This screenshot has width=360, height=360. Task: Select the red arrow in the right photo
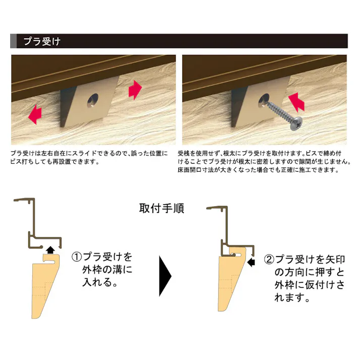tap(298, 101)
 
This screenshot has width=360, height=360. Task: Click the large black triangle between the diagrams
tap(166, 276)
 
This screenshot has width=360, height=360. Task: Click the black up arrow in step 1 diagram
tap(50, 248)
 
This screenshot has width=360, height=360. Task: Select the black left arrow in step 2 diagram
tap(251, 262)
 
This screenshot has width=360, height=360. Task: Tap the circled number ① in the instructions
tap(76, 258)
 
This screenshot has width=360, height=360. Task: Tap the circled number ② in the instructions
tap(270, 260)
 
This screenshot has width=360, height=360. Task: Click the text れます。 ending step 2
tap(292, 298)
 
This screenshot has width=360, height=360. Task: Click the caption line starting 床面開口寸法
tap(257, 171)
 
